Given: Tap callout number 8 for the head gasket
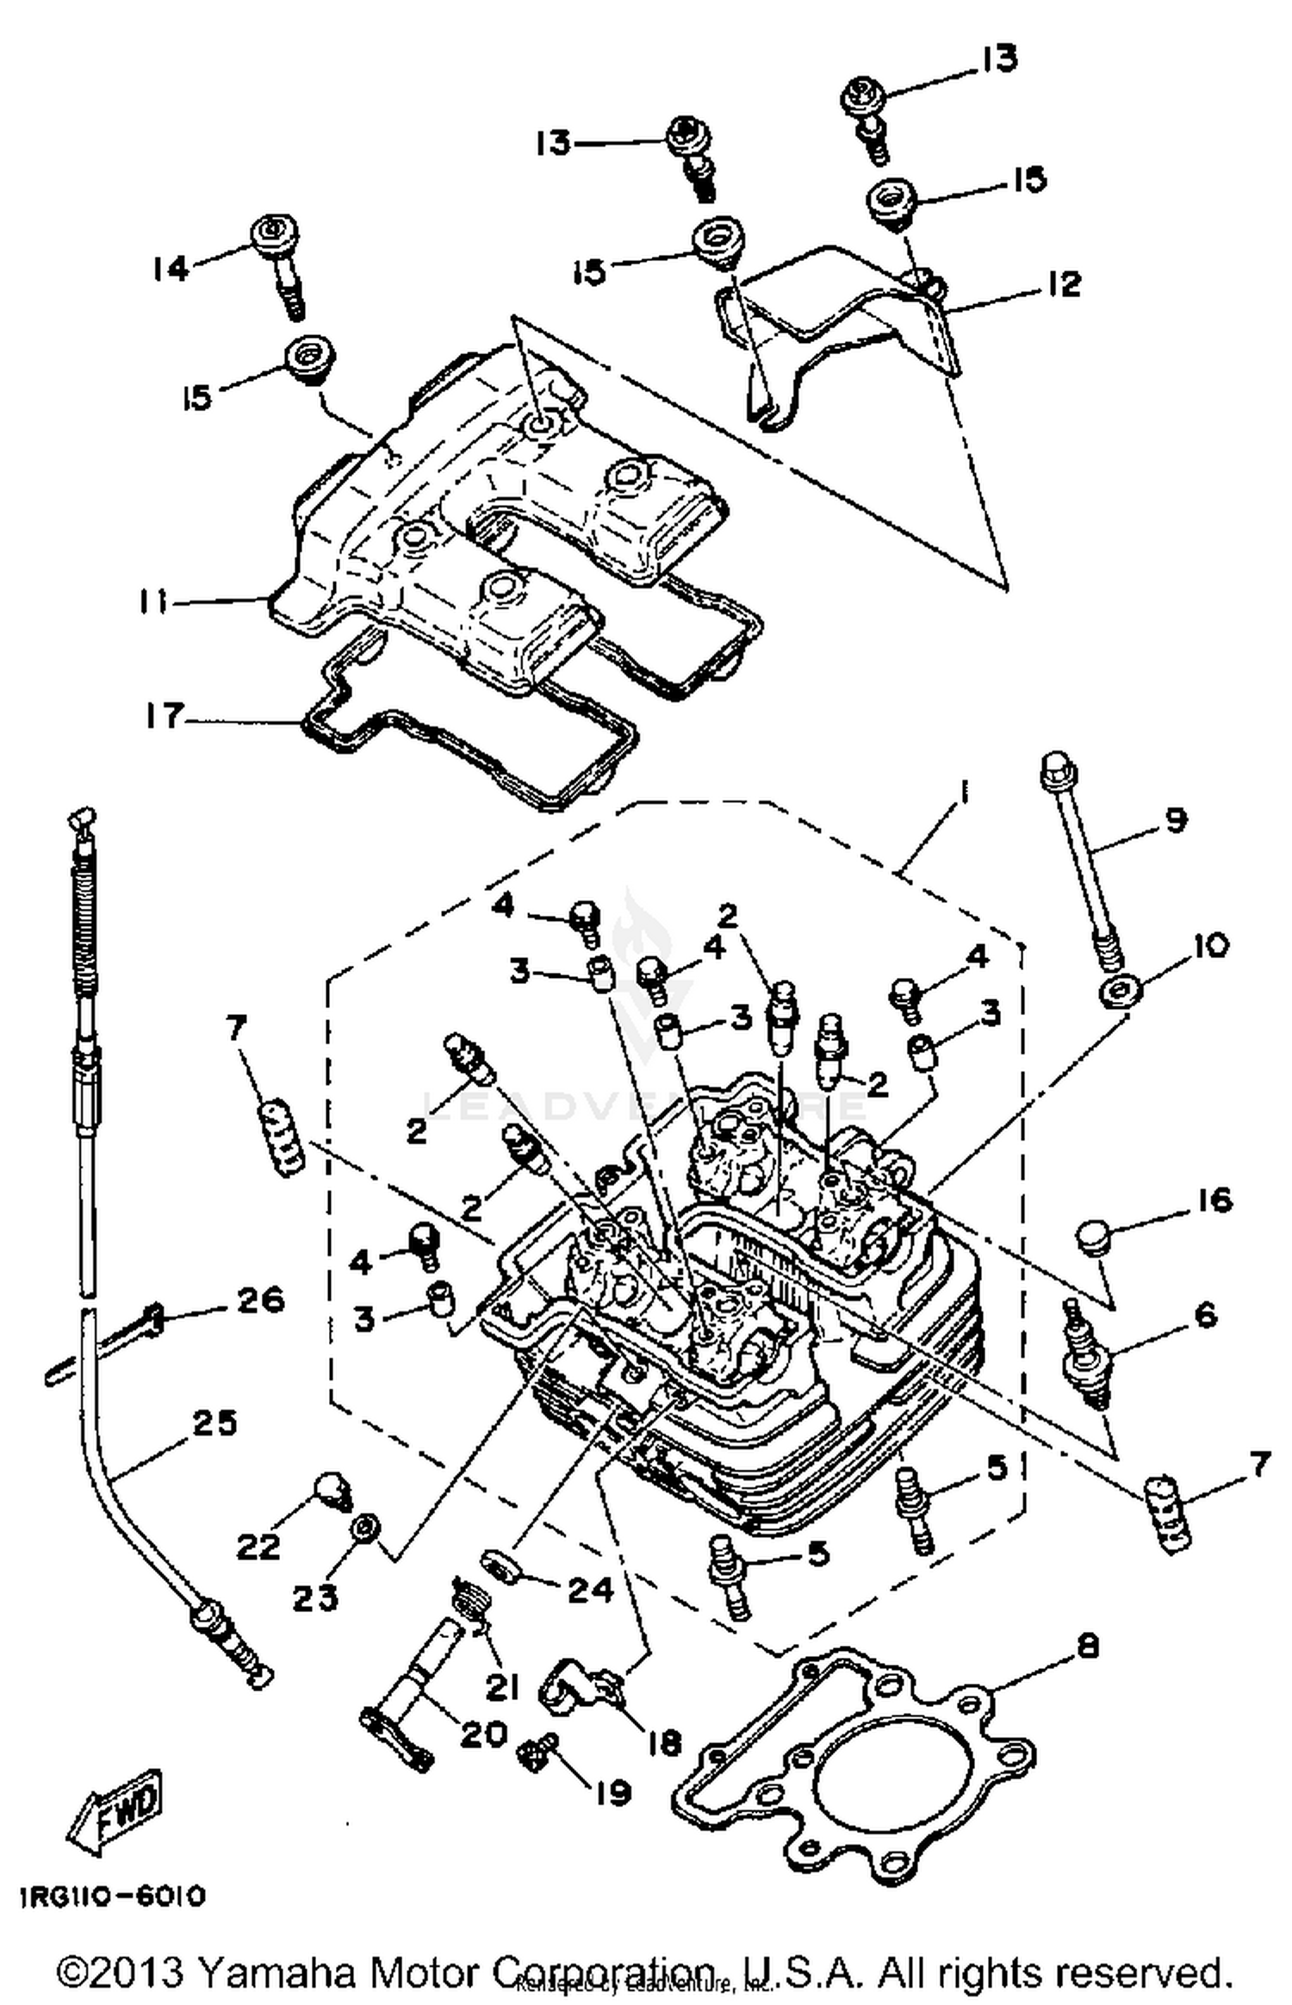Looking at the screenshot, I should tap(1088, 1647).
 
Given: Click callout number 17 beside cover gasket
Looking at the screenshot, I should tap(163, 716).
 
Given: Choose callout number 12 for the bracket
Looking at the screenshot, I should tap(1065, 283).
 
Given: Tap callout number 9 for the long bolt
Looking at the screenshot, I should tap(1176, 820).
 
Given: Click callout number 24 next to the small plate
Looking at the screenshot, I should tap(589, 1588).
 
